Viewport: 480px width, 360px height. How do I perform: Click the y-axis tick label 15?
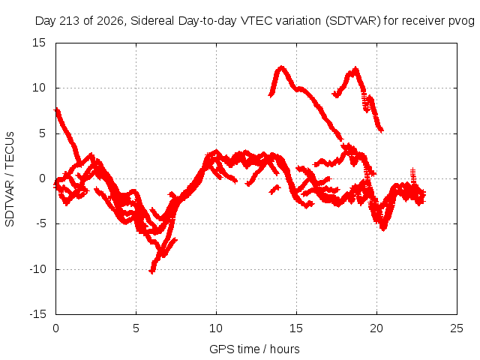(39, 43)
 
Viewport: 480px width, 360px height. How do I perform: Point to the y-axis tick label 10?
(39, 88)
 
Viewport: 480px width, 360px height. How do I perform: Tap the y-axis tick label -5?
(40, 223)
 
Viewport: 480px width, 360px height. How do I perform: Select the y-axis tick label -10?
(37, 269)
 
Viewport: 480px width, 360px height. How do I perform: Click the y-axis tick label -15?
(37, 314)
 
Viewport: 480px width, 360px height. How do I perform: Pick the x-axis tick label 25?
(457, 328)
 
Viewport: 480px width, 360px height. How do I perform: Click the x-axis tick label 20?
(376, 328)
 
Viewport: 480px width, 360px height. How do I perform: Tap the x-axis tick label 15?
(296, 328)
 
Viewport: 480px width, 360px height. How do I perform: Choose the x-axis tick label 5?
(136, 328)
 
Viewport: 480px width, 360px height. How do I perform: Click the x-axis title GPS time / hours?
(254, 349)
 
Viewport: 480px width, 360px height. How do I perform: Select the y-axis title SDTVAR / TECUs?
(10, 179)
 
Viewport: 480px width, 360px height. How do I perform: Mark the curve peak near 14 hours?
(281, 67)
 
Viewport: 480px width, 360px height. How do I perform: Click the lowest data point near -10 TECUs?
(151, 271)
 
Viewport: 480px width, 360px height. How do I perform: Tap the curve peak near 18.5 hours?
(355, 69)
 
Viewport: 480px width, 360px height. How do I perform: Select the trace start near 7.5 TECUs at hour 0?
(56, 110)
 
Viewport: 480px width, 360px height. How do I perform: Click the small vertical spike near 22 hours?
(413, 175)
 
